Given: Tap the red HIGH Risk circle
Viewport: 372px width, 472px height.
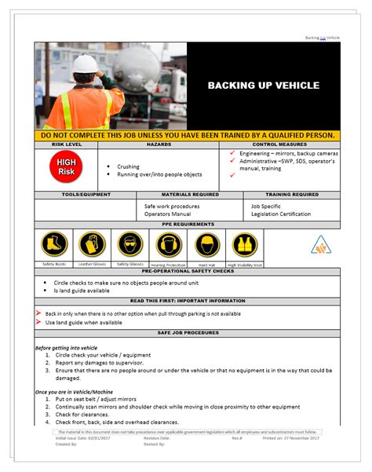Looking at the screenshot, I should tap(66, 166).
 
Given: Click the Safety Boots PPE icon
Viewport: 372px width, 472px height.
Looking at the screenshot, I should tap(54, 244).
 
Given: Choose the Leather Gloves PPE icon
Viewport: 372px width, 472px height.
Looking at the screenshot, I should tap(92, 244).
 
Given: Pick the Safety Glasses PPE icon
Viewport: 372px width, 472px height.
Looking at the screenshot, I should tap(129, 244).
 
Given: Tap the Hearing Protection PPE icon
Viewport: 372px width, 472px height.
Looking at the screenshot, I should tap(168, 244).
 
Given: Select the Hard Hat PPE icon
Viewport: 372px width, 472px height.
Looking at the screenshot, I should tap(207, 244).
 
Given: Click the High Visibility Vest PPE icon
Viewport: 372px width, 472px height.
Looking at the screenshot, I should tap(246, 244).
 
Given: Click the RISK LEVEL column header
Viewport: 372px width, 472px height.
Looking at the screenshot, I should tap(67, 145).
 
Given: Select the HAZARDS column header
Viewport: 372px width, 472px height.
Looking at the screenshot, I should tap(159, 145).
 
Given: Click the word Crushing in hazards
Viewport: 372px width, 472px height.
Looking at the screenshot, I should tap(128, 166).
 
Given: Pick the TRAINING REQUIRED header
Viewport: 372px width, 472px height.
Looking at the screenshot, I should tap(292, 194).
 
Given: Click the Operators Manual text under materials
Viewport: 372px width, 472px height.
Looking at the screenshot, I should tap(167, 214).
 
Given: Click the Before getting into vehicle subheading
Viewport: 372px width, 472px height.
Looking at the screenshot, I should tap(67, 347).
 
